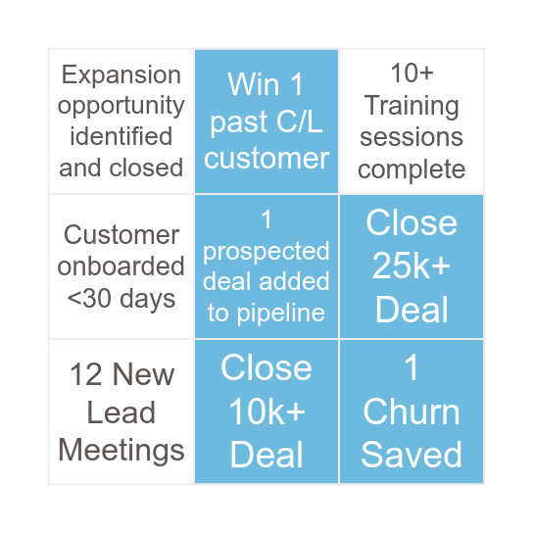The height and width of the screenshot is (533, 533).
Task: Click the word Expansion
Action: tap(121, 76)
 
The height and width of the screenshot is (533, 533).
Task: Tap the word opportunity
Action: tap(121, 107)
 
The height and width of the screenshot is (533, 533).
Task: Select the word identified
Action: tap(121, 136)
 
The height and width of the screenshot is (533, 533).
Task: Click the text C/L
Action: tap(299, 121)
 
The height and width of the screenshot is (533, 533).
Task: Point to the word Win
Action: tap(253, 84)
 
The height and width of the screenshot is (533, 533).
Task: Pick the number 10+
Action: tap(412, 73)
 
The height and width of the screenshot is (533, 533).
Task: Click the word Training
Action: tap(412, 107)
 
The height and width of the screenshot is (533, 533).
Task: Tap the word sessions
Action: tap(412, 137)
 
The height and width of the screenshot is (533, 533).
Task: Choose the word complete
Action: tap(412, 170)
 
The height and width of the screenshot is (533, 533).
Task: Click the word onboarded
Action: tap(121, 266)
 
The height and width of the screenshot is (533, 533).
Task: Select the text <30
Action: tap(89, 299)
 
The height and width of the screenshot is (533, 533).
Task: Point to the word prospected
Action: tap(266, 252)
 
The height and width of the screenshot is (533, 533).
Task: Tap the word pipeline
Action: tap(281, 314)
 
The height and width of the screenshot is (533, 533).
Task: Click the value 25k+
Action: tap(412, 266)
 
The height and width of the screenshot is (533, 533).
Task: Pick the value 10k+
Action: tap(266, 412)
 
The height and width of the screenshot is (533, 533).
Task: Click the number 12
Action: tap(85, 374)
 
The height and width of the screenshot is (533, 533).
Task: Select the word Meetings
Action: tap(121, 451)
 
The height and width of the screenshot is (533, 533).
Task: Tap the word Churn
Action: tap(412, 412)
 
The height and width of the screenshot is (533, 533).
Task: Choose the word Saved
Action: tap(412, 455)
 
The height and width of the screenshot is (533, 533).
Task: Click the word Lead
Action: tap(121, 412)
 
